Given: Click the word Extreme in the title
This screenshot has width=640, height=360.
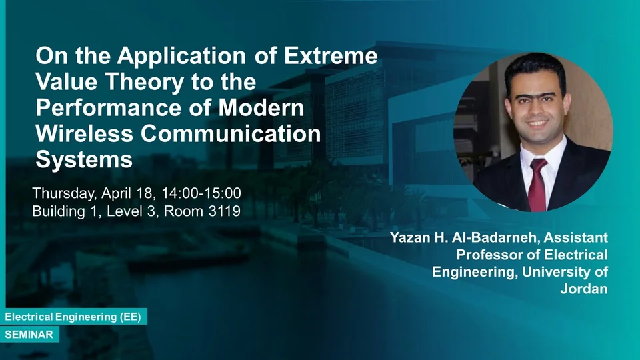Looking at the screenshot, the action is pyautogui.click(x=331, y=55).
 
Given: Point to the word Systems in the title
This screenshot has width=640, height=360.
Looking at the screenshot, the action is pyautogui.click(x=84, y=159).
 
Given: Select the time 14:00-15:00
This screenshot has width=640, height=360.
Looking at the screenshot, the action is pyautogui.click(x=201, y=193).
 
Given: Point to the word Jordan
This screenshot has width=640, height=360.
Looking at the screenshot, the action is pyautogui.click(x=584, y=289).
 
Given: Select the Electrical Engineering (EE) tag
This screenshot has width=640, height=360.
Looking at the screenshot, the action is pyautogui.click(x=73, y=317).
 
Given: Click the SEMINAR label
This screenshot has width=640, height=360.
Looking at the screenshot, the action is pyautogui.click(x=29, y=335).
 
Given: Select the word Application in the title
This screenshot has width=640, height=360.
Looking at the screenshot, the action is pyautogui.click(x=181, y=55).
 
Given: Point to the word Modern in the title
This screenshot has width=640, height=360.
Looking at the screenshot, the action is pyautogui.click(x=261, y=108).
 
